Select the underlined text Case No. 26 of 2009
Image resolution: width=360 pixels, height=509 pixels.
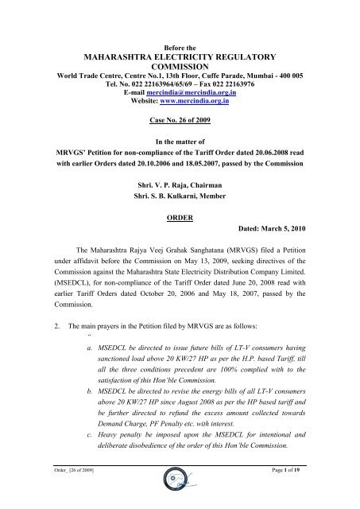pos(179,123)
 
